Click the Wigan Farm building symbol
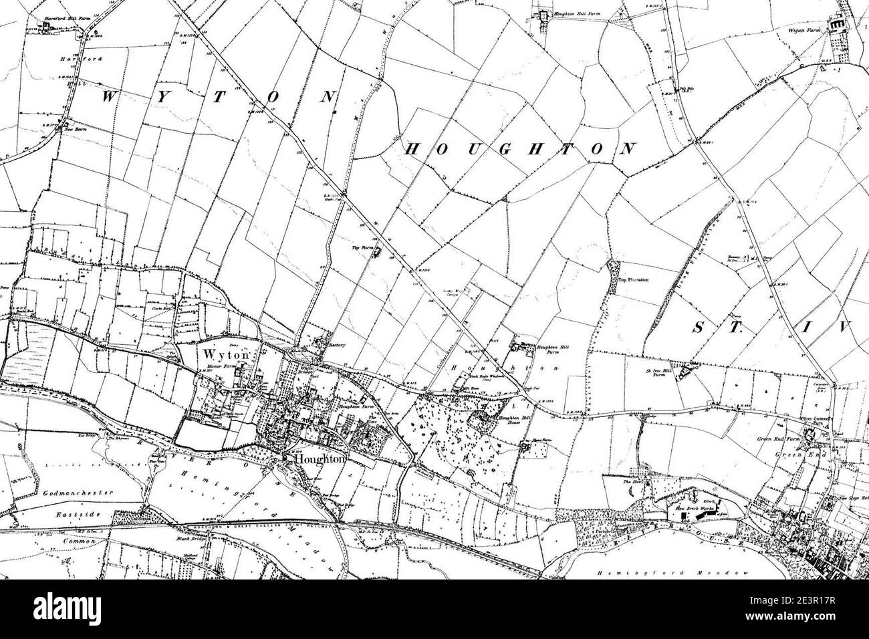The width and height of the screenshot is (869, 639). [836, 25]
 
